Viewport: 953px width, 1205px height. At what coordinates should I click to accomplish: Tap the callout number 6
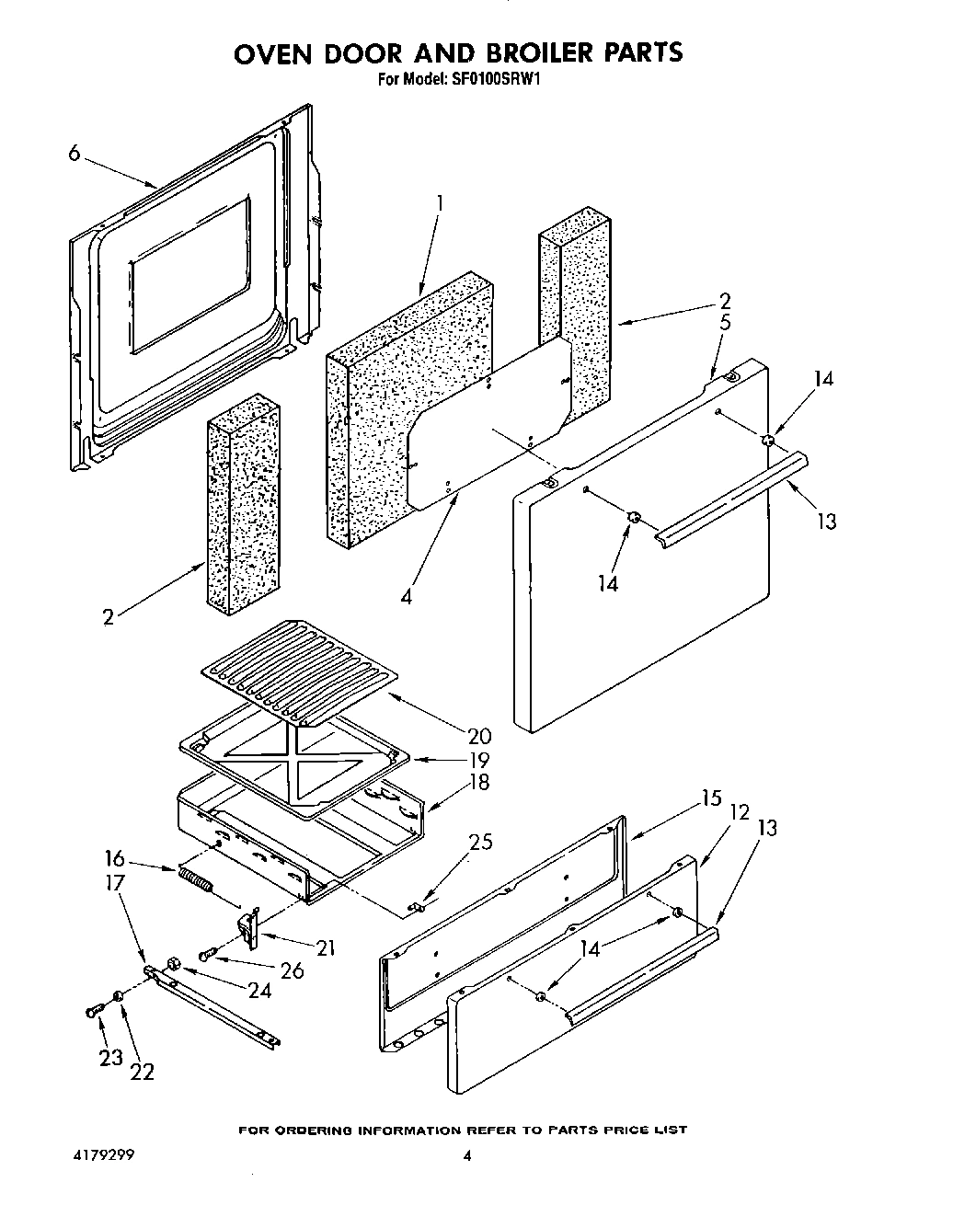[74, 154]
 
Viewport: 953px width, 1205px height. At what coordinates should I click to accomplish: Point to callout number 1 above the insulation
[439, 201]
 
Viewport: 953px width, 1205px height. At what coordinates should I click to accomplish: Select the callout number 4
[406, 595]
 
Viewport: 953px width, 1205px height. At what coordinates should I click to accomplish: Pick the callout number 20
[478, 736]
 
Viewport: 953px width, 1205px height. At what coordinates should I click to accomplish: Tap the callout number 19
[478, 760]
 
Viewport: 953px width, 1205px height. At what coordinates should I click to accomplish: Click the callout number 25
[480, 842]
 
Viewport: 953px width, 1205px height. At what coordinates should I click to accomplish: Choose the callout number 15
[711, 798]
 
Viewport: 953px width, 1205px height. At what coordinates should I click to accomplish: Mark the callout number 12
[740, 812]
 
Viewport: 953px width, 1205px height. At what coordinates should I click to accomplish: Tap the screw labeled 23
[92, 1011]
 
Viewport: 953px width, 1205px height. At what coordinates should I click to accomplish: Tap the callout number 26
[293, 970]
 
